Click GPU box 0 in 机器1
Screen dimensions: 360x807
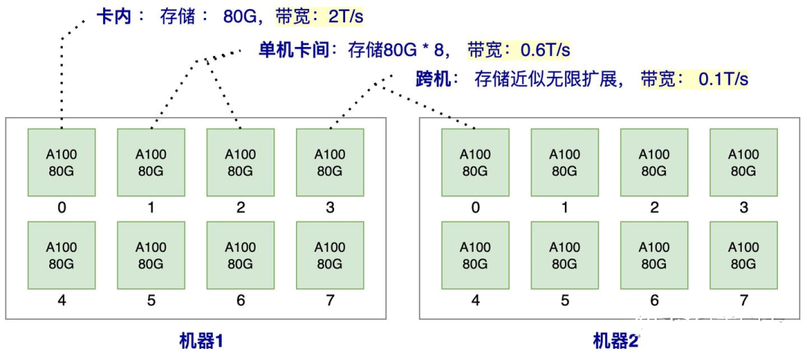click(x=61, y=162)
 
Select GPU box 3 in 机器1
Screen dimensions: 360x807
click(x=330, y=162)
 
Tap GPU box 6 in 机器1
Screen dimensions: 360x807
click(x=240, y=255)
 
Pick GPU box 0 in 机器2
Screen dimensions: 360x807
click(x=475, y=162)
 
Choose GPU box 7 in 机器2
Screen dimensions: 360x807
click(x=743, y=255)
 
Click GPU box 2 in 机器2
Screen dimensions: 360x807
click(x=654, y=162)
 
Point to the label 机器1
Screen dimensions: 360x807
click(x=202, y=341)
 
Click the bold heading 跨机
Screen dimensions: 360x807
click(x=433, y=78)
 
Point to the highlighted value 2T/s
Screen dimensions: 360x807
click(x=345, y=16)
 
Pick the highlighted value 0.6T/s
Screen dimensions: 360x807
click(x=545, y=50)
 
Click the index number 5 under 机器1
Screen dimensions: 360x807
click(x=151, y=301)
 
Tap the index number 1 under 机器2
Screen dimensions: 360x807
click(x=565, y=208)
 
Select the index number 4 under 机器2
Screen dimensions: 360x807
click(x=475, y=301)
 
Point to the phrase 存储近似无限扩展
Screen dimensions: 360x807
click(x=548, y=78)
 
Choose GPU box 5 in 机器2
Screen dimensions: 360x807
click(x=565, y=255)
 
